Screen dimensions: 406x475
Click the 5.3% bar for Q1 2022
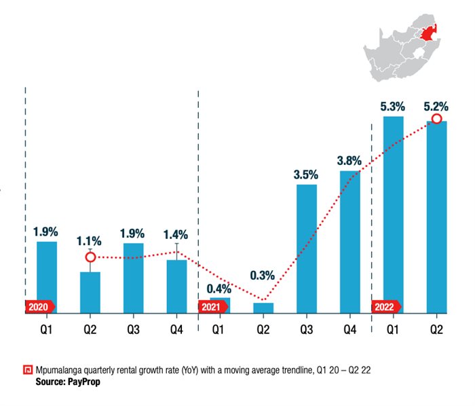393,215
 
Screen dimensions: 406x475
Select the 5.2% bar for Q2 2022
436,217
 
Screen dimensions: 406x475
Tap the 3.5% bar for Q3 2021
306,248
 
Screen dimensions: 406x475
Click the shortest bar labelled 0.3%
263,308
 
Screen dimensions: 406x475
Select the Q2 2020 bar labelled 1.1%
90,292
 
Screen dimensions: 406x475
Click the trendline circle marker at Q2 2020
90,257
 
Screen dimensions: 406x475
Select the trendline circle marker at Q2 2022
436,119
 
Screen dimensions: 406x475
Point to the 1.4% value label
176,235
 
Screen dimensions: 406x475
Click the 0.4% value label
219,288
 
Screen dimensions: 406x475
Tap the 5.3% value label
393,106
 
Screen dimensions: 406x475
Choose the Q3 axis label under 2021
306,331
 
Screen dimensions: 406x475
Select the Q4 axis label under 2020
176,331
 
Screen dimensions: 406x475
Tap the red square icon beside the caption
27,371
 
